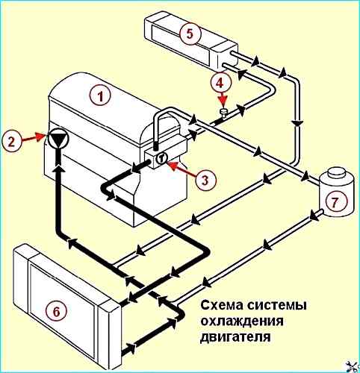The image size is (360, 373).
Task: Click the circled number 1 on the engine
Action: click(100, 95)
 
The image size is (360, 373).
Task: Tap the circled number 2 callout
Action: click(11, 142)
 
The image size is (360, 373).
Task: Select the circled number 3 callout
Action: click(205, 180)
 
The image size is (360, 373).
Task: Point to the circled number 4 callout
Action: click(220, 83)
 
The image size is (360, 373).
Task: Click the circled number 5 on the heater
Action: click(190, 34)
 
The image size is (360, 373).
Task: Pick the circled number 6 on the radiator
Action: click(57, 311)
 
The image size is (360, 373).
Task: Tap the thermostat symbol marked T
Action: click(161, 157)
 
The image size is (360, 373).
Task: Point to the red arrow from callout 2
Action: click(34, 137)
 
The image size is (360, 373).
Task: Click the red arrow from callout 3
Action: click(181, 169)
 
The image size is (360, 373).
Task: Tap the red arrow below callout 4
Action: click(223, 100)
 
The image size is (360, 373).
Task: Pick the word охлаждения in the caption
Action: click(242, 322)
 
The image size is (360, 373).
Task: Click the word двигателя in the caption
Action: click(235, 338)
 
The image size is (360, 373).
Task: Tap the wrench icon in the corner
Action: click(354, 367)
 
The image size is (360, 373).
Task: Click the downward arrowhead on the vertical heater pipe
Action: click(297, 122)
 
